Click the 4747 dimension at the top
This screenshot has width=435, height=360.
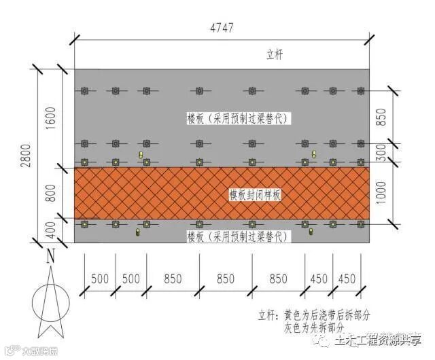pos(221,29)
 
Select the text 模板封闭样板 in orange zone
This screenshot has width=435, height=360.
pos(255,195)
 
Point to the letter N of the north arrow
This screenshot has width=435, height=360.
pos(50,257)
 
